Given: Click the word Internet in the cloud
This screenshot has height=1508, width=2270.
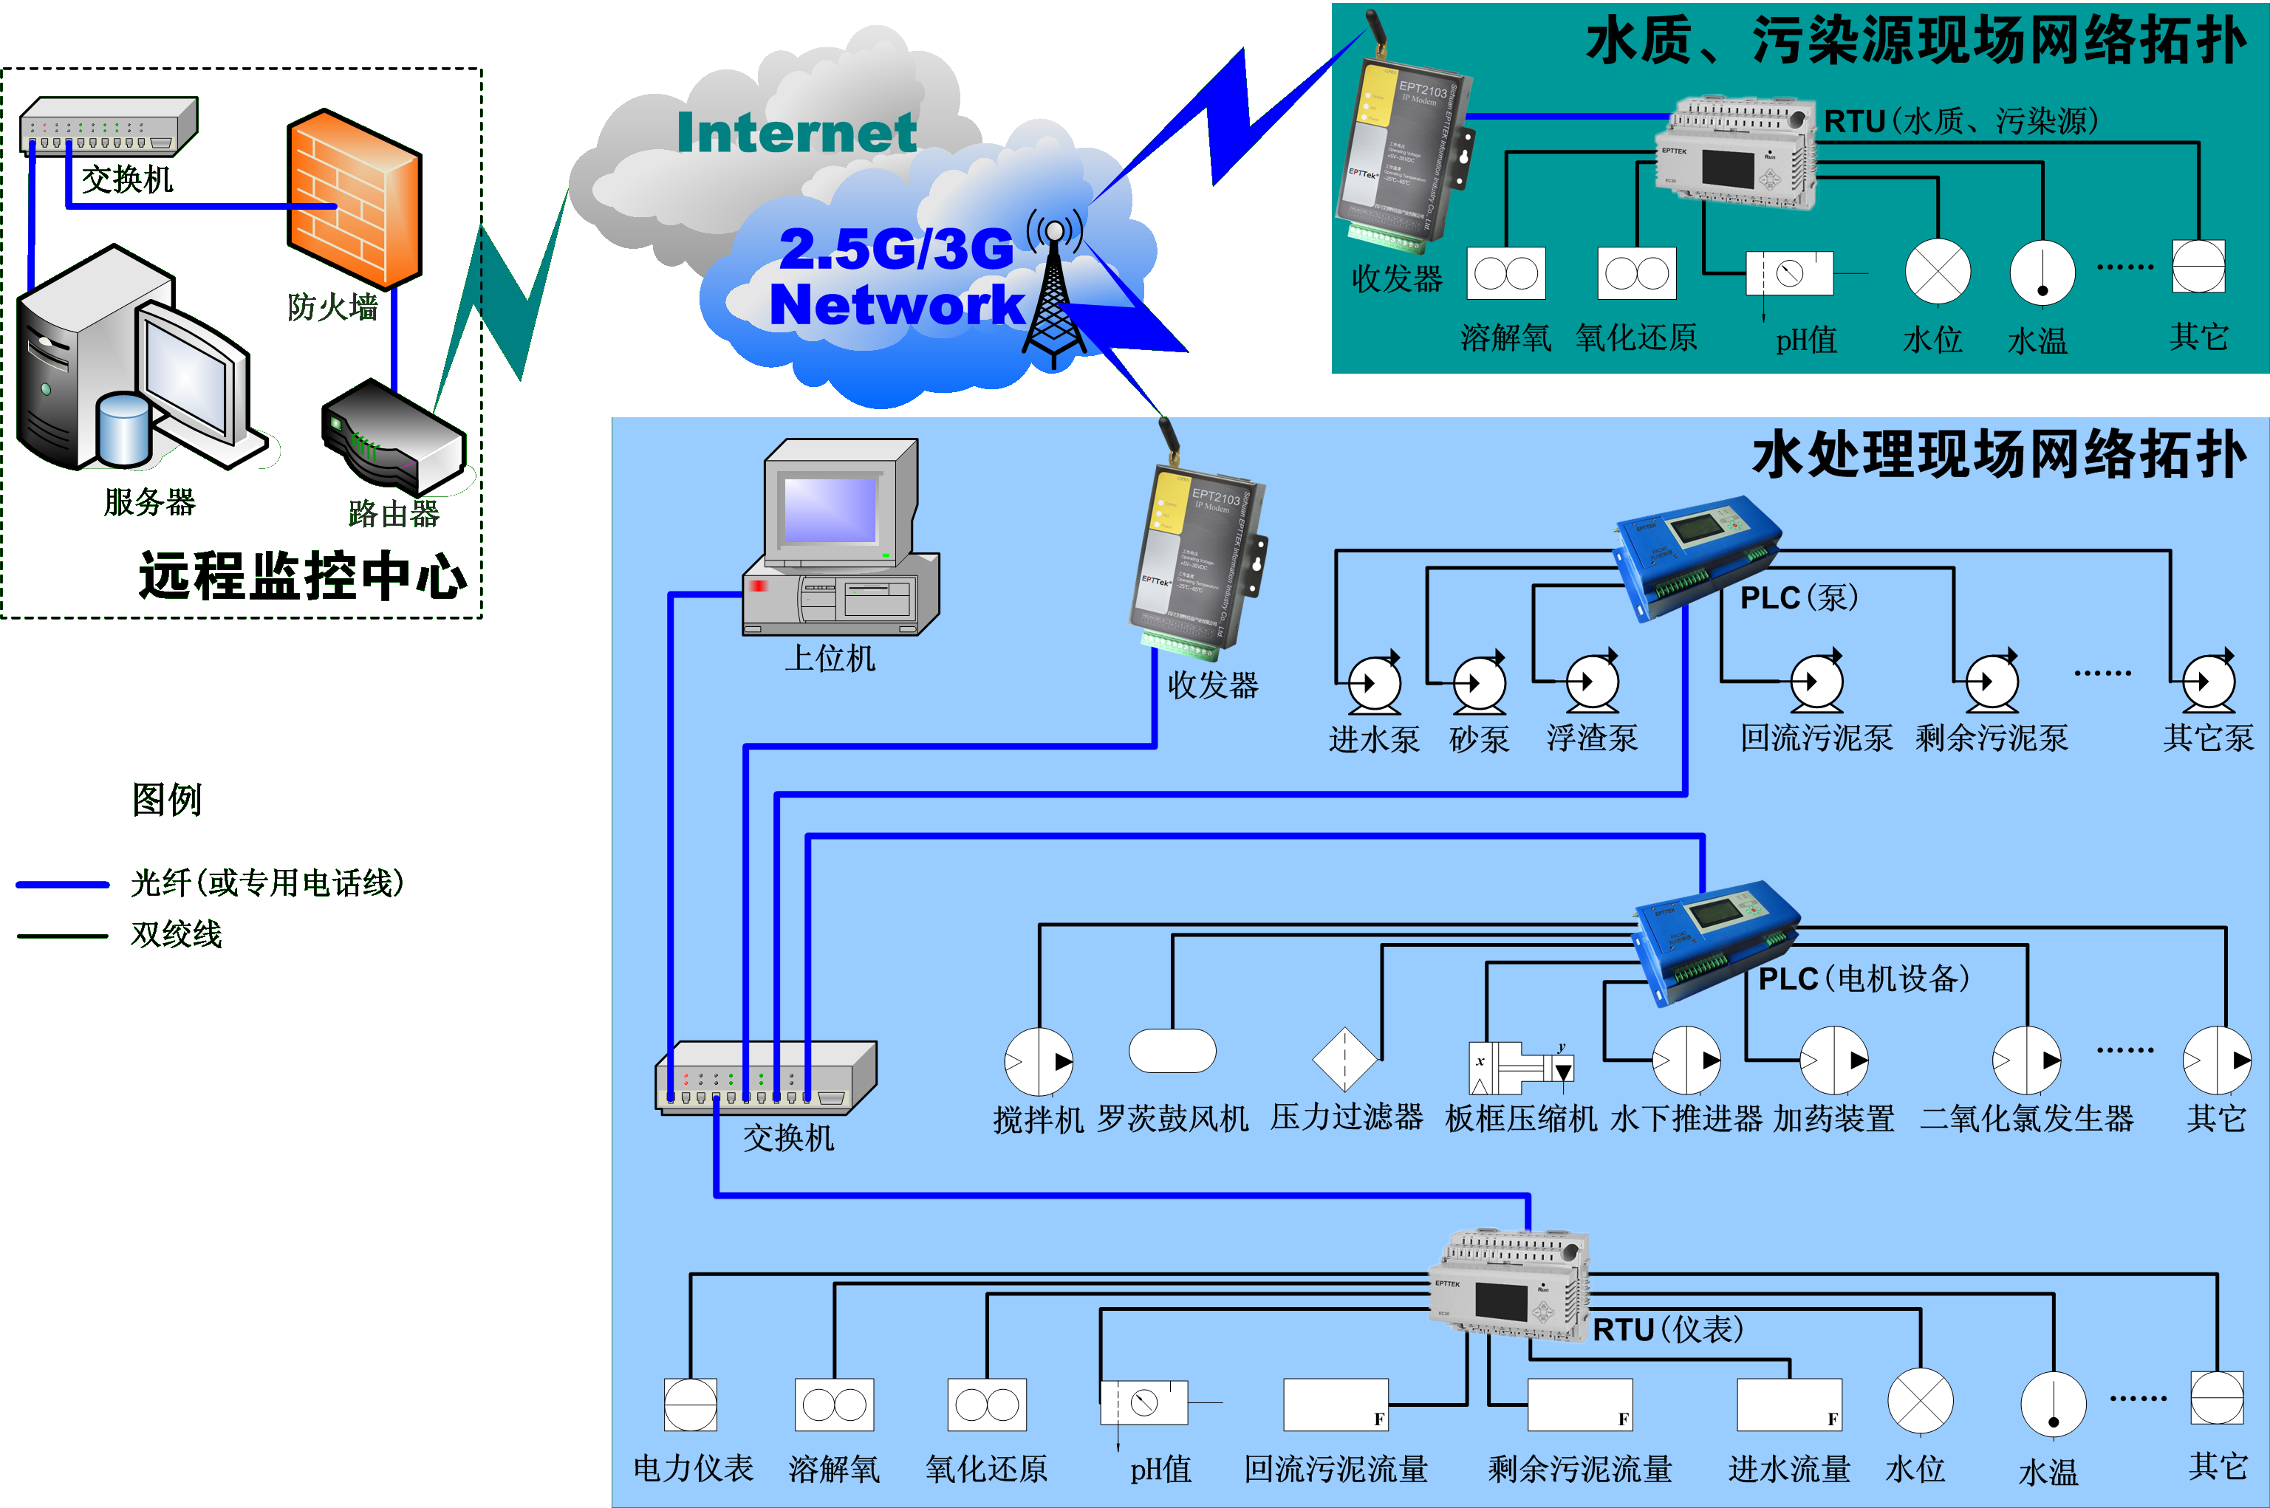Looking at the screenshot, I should coord(796,133).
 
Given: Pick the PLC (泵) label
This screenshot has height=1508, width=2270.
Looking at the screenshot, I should coord(1799,598).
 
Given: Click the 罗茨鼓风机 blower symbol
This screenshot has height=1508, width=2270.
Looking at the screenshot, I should coord(1172,1050).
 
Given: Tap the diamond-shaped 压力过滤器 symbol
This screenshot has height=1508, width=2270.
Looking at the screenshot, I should coord(1344,1060).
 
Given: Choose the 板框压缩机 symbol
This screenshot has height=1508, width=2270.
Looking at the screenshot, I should coord(1519,1068).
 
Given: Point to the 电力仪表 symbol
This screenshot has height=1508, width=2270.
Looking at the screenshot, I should coord(691,1405).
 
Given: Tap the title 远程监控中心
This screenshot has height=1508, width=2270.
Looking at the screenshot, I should coord(303,576).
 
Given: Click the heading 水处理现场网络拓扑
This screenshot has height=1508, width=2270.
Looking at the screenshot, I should coord(1999,455).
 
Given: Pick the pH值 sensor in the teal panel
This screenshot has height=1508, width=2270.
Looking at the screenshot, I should coord(1789,273).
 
